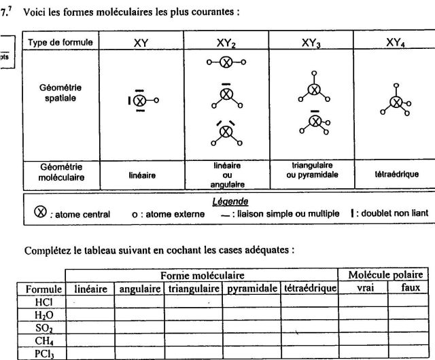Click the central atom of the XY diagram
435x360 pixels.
pos(139,101)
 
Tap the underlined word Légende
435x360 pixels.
pos(229,202)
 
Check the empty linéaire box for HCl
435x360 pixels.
pos(90,302)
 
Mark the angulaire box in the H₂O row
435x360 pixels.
pos(139,314)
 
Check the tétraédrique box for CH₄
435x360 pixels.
pos(311,340)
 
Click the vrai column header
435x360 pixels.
pos(363,289)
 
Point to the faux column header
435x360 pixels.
pos(411,289)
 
